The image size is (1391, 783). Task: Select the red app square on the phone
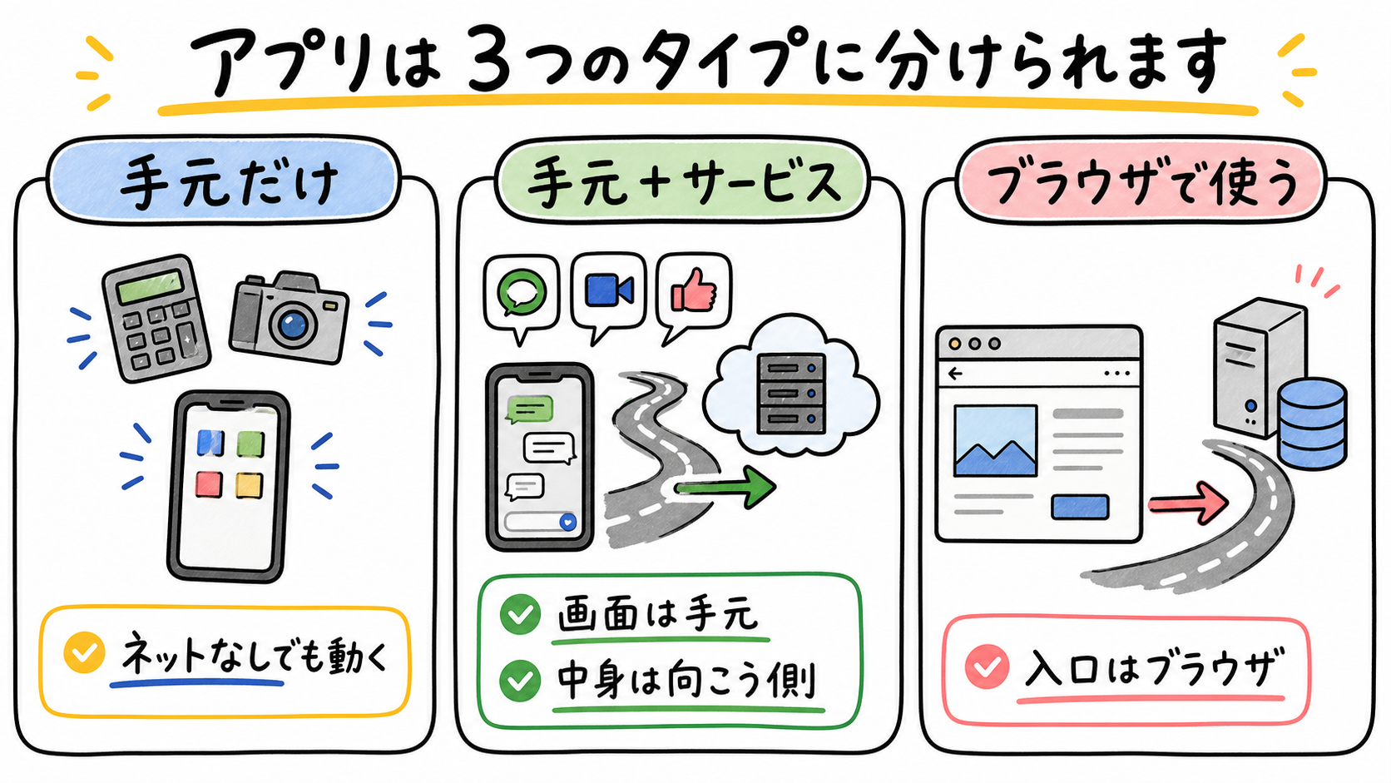(210, 483)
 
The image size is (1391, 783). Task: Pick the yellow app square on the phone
(249, 485)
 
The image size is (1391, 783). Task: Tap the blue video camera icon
(609, 290)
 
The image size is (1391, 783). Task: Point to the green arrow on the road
(725, 488)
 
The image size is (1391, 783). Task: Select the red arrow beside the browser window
(1187, 503)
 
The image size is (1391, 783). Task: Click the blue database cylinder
(1311, 424)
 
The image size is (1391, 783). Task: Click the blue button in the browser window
(1080, 507)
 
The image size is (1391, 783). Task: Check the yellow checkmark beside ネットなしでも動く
(85, 652)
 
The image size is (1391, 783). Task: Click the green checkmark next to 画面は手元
(521, 614)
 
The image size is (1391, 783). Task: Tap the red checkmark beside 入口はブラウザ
(987, 667)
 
